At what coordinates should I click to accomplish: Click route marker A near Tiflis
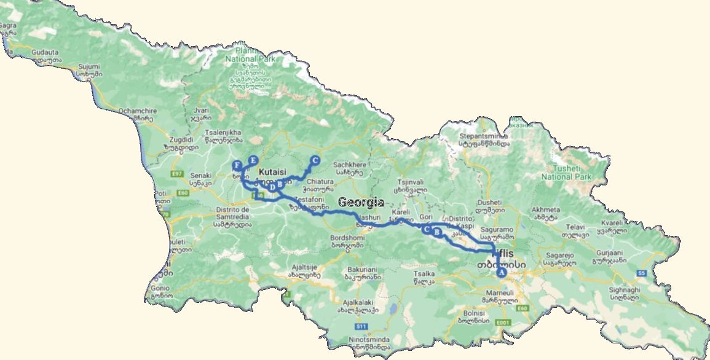tap(502, 271)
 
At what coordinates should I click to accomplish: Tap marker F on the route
tap(237, 165)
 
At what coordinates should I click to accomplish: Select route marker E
tap(252, 161)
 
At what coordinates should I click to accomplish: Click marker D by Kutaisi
tap(272, 187)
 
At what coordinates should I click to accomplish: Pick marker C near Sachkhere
tap(315, 161)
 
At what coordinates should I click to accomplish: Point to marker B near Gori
tap(437, 232)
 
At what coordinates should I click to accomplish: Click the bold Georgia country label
tap(361, 202)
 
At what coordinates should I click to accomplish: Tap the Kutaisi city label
tap(272, 172)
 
